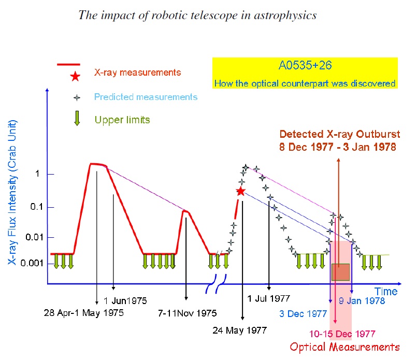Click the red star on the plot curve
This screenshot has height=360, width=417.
coord(240,191)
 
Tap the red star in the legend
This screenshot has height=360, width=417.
coord(75,77)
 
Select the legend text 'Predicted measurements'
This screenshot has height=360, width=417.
coord(146,97)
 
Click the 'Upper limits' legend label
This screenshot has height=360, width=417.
coord(122,120)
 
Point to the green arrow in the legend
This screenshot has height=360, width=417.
coord(77,119)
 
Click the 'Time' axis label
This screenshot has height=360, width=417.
coord(385,292)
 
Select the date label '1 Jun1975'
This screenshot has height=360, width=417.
coord(125,300)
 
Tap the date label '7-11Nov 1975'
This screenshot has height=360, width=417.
coord(188,314)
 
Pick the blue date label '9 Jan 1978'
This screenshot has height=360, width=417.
coord(362,300)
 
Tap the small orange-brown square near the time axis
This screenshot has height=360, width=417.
coord(340,272)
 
